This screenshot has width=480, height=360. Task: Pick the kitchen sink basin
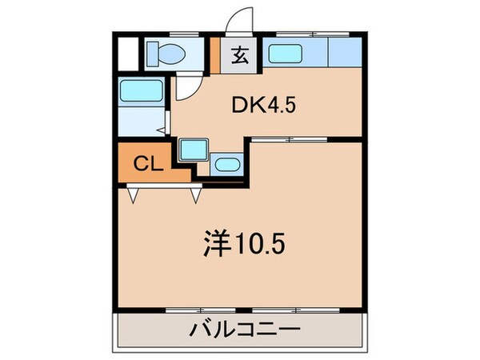pyautogui.click(x=285, y=55)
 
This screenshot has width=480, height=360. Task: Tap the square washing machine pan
pyautogui.click(x=193, y=150)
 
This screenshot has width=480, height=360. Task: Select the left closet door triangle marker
pyautogui.click(x=134, y=193)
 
